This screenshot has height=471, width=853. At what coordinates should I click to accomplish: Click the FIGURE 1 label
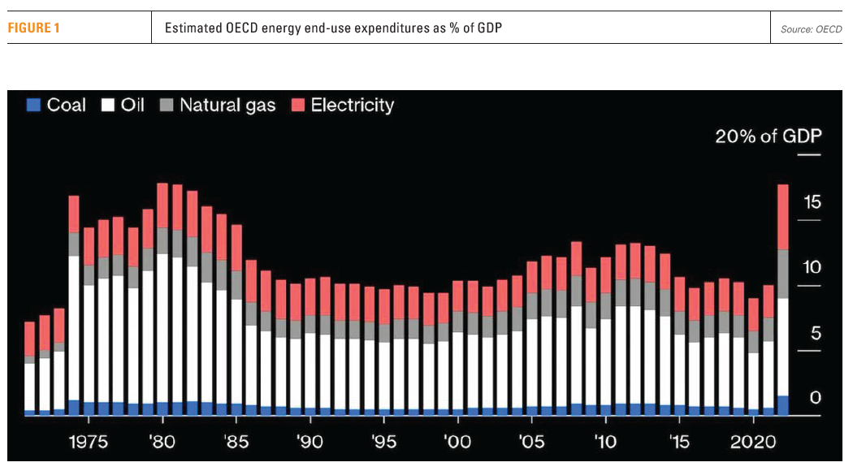pyautogui.click(x=34, y=28)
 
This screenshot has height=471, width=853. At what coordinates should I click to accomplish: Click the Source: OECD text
pyautogui.click(x=811, y=29)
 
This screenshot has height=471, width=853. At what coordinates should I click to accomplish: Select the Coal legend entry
pyautogui.click(x=57, y=105)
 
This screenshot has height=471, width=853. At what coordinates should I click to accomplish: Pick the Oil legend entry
pyautogui.click(x=123, y=105)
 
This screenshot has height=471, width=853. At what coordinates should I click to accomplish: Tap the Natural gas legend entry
pyautogui.click(x=218, y=105)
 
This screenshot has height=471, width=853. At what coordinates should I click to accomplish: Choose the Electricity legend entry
pyautogui.click(x=343, y=105)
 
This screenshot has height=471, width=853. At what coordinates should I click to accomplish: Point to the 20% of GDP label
pyautogui.click(x=768, y=136)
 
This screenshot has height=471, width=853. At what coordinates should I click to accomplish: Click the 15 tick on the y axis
pyautogui.click(x=812, y=202)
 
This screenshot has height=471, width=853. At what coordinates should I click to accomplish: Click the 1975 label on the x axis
pyautogui.click(x=88, y=443)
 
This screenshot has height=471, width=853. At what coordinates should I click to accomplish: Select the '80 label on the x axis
pyautogui.click(x=162, y=443)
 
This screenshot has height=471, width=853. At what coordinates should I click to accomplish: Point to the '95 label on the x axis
pyautogui.click(x=384, y=443)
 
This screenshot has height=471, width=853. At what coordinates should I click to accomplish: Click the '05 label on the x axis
pyautogui.click(x=531, y=443)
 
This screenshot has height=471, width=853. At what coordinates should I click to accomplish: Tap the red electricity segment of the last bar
pyautogui.click(x=783, y=217)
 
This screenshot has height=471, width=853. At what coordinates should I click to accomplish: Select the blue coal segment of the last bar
pyautogui.click(x=783, y=405)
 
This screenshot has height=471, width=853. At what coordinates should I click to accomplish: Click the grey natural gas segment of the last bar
pyautogui.click(x=783, y=274)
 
